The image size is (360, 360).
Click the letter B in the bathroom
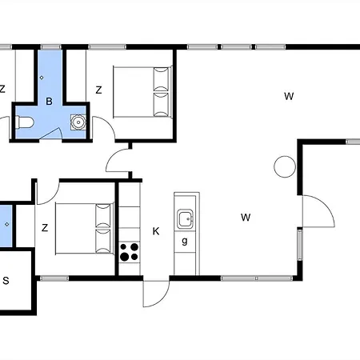click(49, 102)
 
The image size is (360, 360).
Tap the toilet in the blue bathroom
click(25, 122)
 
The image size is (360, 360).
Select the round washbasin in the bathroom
click(78, 122)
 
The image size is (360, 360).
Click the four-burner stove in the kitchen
click(130, 252)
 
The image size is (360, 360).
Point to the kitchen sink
click(186, 218)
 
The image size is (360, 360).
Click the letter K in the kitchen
click(156, 231)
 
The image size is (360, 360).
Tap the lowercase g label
click(185, 241)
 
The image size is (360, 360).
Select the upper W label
click(289, 96)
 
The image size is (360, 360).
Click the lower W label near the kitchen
click(246, 218)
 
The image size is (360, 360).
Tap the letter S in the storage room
click(6, 281)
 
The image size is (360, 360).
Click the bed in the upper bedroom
click(142, 92)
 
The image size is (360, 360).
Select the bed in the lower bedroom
click(85, 229)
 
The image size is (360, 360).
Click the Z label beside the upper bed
click(98, 90)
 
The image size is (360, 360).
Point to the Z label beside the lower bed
click(45, 228)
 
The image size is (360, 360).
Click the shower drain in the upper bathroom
click(42, 78)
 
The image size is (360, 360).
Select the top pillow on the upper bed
click(162, 78)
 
